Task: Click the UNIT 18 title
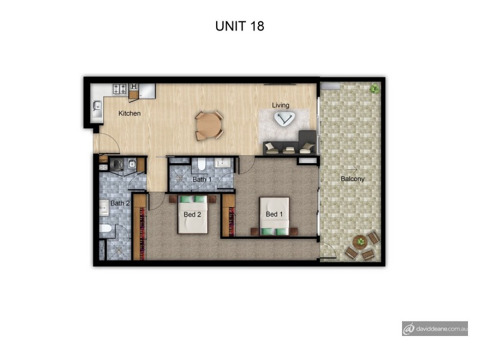239,26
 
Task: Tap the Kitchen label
129,113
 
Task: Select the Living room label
280,106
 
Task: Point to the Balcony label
352,179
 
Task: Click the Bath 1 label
202,179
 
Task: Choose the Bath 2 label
120,203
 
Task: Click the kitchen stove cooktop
119,89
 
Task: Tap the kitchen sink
96,108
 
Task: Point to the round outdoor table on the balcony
359,243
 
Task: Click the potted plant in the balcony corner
375,89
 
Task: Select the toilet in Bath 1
203,163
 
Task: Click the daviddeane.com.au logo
435,328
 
